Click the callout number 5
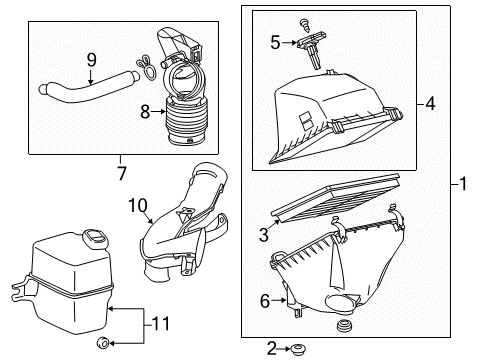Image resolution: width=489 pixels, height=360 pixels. click(275, 42)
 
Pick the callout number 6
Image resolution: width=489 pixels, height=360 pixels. click(266, 299)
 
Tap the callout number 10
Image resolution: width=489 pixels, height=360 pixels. click(136, 206)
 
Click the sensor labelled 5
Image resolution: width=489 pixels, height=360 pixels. click(310, 47)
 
